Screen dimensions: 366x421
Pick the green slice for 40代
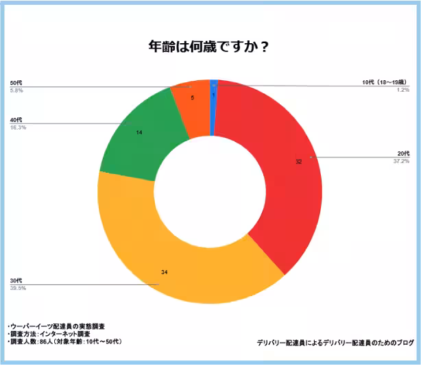(137, 137)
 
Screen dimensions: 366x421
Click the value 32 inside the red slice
(298, 162)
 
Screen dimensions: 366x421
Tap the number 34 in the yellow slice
(165, 273)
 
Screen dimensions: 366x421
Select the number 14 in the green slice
(139, 132)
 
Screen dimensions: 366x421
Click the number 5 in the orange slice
(192, 98)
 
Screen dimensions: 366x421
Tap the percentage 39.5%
(16, 289)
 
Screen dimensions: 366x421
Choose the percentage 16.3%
(19, 127)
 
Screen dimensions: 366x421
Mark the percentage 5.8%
(16, 90)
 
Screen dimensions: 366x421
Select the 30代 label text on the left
(16, 281)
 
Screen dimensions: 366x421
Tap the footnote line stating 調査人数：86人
(65, 341)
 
